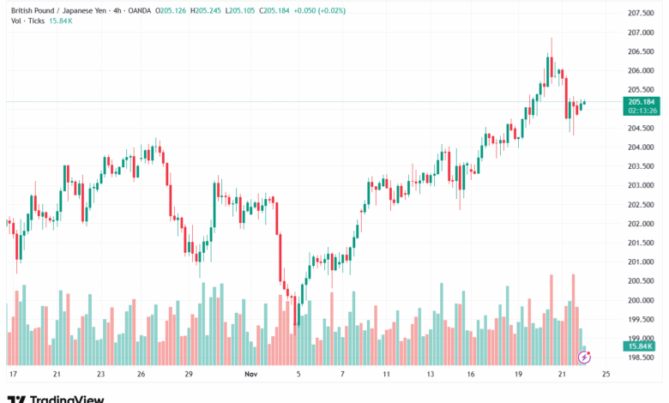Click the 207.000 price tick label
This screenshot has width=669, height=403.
point(642,33)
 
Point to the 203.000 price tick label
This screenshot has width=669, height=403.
point(642,185)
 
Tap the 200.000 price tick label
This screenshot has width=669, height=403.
point(642,300)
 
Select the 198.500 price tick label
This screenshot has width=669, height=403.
point(642,358)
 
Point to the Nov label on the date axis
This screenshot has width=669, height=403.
point(251,375)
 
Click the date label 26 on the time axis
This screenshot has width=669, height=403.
point(142,375)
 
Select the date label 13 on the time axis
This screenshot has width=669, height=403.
point(432,375)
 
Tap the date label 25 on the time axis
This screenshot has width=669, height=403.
point(606,375)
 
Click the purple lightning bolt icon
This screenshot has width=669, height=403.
point(585,357)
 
